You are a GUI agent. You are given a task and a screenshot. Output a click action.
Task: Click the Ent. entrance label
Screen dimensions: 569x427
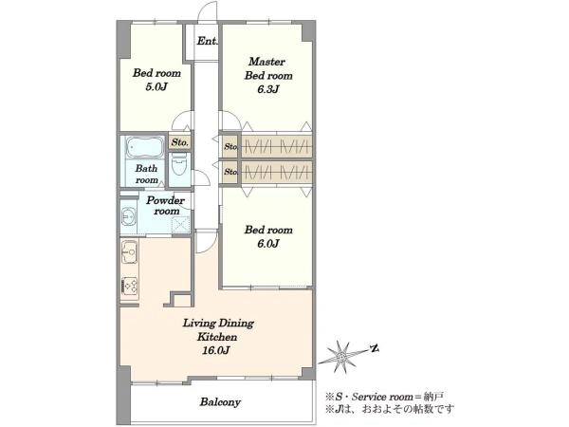(x=208, y=41)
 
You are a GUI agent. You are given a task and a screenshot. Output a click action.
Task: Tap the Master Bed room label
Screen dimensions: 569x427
(x=268, y=68)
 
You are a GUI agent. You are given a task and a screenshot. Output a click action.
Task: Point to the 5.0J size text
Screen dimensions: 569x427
(x=156, y=87)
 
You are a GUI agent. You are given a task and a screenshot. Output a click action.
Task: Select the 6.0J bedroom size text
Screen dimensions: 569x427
(x=268, y=244)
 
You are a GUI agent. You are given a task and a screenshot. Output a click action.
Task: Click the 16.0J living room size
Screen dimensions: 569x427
(x=218, y=350)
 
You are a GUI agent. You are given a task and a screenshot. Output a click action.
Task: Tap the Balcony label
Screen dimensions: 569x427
(x=220, y=402)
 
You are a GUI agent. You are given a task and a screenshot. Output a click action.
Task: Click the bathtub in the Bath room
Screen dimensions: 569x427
(x=145, y=147)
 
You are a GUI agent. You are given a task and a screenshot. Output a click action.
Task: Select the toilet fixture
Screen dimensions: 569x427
(x=179, y=165)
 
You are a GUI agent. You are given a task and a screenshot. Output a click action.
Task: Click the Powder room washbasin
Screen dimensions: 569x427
(x=128, y=217)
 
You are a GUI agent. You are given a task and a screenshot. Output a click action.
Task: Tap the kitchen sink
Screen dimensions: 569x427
(x=129, y=251)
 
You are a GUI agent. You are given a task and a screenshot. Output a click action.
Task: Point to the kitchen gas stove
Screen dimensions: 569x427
(x=129, y=286)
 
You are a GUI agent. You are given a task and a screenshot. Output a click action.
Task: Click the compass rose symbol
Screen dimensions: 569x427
(x=341, y=358)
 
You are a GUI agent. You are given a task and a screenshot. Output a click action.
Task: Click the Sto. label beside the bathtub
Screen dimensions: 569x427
(x=179, y=142)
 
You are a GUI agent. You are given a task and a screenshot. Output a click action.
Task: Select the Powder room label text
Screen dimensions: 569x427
(x=165, y=206)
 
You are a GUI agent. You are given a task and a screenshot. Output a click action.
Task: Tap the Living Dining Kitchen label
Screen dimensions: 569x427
(x=218, y=329)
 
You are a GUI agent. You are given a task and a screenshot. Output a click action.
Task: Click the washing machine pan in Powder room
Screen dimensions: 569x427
(x=180, y=224)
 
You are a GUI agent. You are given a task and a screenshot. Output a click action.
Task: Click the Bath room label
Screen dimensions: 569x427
(x=147, y=174)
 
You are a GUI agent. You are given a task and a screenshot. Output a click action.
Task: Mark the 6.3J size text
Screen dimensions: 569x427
(x=268, y=89)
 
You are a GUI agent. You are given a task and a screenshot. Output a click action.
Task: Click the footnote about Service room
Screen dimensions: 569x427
(x=384, y=397)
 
